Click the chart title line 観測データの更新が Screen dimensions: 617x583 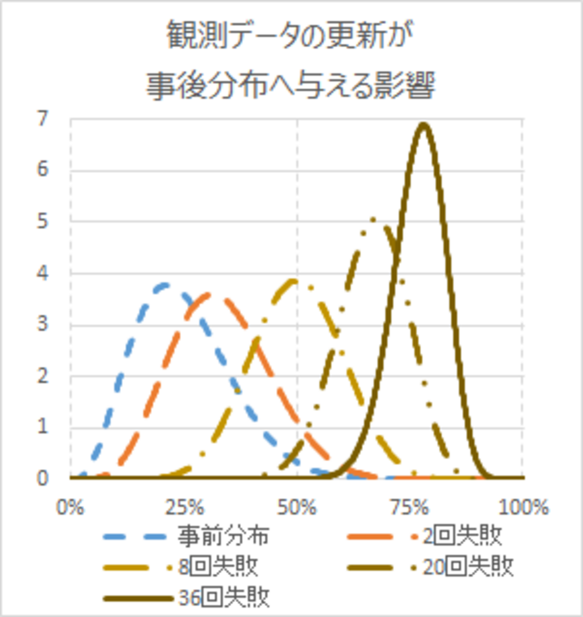click(290, 35)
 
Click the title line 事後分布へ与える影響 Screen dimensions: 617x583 click(290, 85)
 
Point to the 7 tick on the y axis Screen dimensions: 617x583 click(42, 119)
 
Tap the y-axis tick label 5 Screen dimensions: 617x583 click(42, 221)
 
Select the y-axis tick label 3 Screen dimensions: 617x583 click(42, 324)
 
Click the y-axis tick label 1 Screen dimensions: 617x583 click(42, 426)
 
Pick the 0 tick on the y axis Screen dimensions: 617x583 click(42, 478)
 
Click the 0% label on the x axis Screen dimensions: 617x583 click(70, 508)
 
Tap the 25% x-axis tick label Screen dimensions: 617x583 click(184, 508)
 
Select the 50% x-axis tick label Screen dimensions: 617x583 click(297, 508)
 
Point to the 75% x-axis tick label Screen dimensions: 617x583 click(410, 508)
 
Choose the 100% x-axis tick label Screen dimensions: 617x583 click(523, 508)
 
